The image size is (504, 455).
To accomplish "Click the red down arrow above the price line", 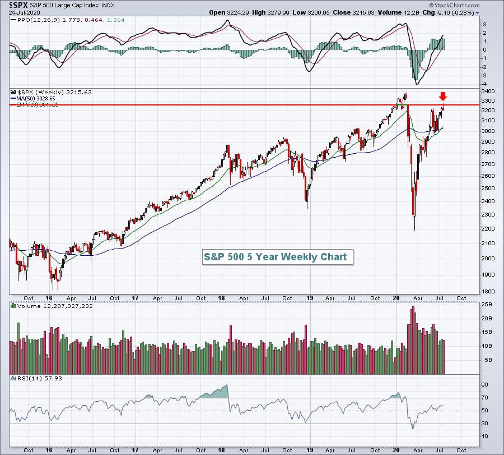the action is point(443,96).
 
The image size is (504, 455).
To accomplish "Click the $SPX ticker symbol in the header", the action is point(18,5).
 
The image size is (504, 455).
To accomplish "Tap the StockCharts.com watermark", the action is point(454,5).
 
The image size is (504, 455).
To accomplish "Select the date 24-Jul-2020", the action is point(25,12).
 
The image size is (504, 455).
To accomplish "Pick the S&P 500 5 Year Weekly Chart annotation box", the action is point(278,257).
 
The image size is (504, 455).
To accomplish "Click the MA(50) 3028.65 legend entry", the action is point(33,99).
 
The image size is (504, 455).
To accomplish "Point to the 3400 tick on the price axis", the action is point(488,91).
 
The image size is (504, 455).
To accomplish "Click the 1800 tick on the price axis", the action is point(488,291).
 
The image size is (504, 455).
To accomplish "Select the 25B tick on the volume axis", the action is point(487,305).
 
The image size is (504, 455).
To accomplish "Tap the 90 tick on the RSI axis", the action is point(484,385).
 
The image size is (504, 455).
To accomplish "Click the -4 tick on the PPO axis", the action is point(484,84).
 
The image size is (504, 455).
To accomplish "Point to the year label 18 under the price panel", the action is point(221,298).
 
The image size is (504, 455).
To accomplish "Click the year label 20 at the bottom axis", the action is point(396,450).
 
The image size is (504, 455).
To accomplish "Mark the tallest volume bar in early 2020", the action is point(413,340).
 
